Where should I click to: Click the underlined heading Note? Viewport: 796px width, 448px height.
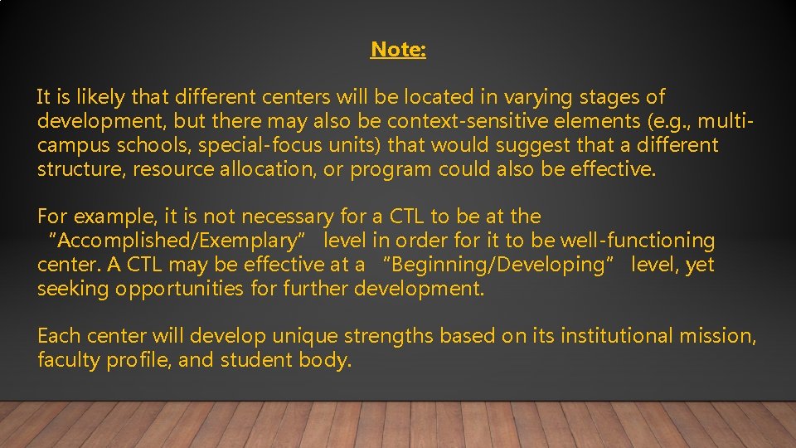click(x=398, y=50)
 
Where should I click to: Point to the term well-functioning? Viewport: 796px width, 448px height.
click(x=638, y=241)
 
